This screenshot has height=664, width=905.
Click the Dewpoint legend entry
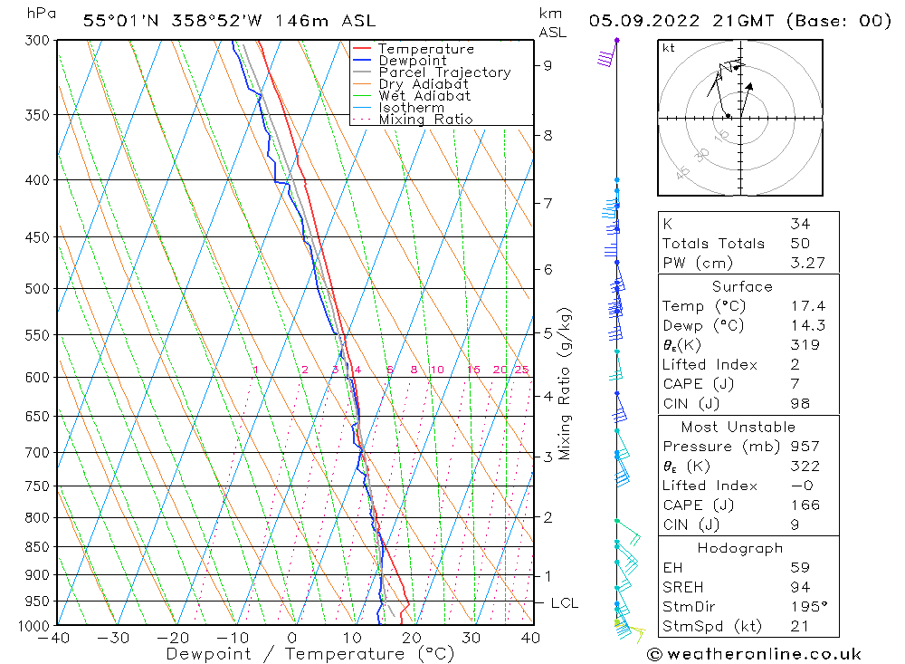[412, 61]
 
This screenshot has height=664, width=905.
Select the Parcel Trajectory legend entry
[443, 72]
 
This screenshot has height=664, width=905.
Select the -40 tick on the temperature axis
[55, 638]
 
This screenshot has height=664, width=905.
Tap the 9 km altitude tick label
[548, 65]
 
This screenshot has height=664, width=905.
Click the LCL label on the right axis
[564, 603]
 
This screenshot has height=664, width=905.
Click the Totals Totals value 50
[800, 243]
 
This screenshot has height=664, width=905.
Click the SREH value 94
[800, 587]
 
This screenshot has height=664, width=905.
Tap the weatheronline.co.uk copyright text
[754, 653]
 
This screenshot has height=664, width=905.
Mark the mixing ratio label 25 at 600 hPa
[521, 370]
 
